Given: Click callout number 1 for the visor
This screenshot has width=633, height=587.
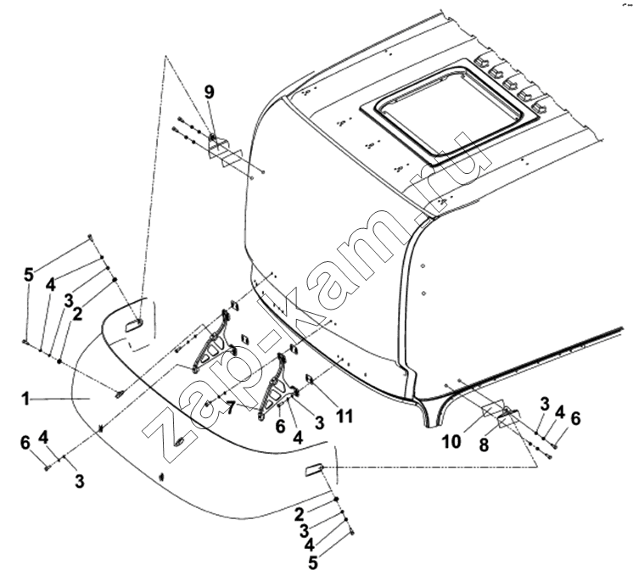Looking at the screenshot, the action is (25, 400).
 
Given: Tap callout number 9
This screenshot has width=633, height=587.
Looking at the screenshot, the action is (209, 92).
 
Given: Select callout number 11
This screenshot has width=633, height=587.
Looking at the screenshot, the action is (345, 416).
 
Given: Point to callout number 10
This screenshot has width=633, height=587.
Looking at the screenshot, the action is (451, 442).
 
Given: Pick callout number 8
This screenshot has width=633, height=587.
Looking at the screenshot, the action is (484, 444).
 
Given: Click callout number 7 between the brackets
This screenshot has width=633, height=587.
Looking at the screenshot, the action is (230, 409).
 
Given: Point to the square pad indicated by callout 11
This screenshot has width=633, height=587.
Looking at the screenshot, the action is (311, 379).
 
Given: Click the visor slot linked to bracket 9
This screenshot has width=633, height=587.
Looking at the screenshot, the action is (134, 325).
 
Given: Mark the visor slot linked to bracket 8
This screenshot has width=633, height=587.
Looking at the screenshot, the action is (314, 470).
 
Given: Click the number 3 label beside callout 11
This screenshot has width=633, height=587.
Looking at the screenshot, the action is (319, 422).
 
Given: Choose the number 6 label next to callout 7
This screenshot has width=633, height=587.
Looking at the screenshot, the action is (281, 426).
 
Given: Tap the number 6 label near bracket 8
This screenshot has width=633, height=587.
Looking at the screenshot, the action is (575, 419).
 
